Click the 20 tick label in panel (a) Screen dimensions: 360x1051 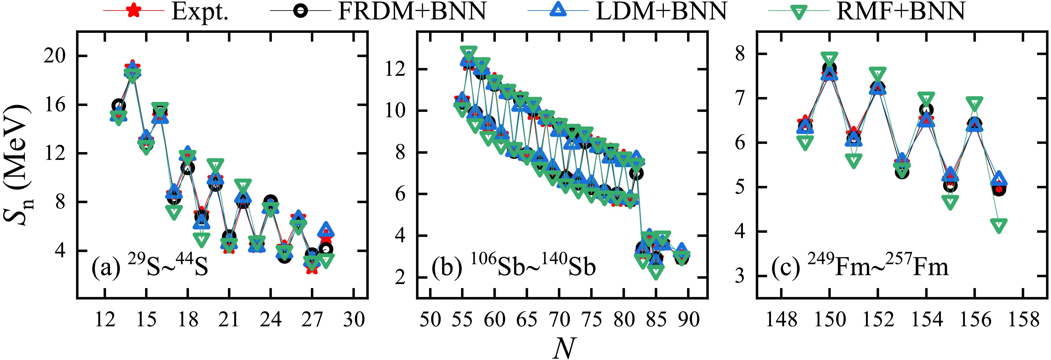[54, 56]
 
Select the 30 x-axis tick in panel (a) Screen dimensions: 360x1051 [353, 319]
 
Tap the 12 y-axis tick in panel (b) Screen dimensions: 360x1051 [395, 69]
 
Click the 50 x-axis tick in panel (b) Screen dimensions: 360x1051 [430, 319]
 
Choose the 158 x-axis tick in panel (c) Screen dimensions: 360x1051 [1023, 319]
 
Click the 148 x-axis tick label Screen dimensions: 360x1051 [781, 319]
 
